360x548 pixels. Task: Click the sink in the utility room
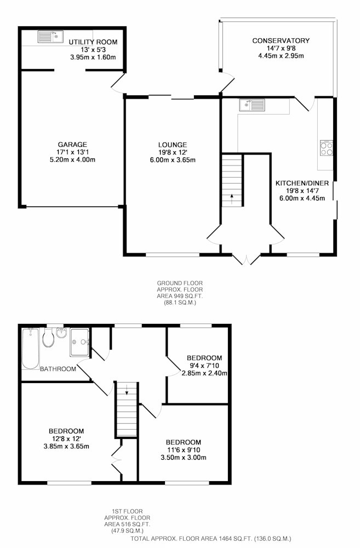click(x=50, y=36)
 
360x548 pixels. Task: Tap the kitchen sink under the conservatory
click(x=252, y=105)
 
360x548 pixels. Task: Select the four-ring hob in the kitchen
click(x=327, y=148)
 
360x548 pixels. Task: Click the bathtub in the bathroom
click(x=30, y=348)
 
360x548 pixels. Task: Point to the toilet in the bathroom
click(x=49, y=337)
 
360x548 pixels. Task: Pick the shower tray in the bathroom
click(x=79, y=342)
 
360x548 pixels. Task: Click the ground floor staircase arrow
click(x=232, y=198)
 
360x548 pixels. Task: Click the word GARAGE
click(x=72, y=144)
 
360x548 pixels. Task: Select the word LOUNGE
click(x=173, y=145)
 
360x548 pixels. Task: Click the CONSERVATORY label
click(x=281, y=41)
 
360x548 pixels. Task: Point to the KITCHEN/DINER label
click(x=302, y=183)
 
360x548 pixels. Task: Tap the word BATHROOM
click(x=58, y=369)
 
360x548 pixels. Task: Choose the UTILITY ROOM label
click(x=93, y=42)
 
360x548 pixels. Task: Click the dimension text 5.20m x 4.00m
click(x=72, y=159)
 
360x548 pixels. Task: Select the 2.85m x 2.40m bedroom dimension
click(x=204, y=373)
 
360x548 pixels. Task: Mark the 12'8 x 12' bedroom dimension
click(x=66, y=438)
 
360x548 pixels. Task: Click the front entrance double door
click(x=247, y=259)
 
